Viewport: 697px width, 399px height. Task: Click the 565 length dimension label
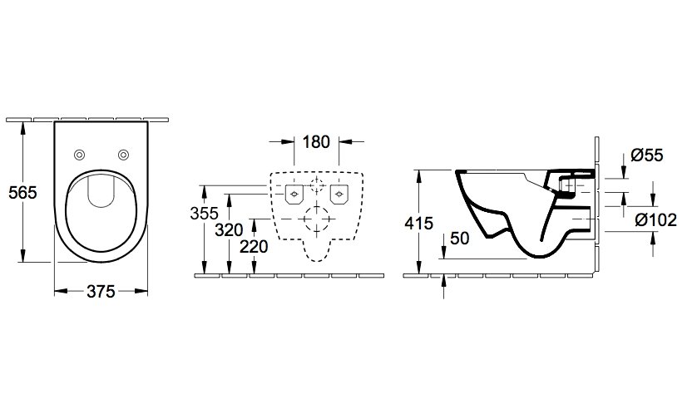click(22, 192)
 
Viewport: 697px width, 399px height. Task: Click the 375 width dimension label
click(101, 292)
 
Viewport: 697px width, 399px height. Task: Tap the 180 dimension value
click(316, 142)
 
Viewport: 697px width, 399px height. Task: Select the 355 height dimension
click(204, 214)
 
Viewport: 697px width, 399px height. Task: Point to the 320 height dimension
click(229, 229)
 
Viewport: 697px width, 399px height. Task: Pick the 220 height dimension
click(254, 246)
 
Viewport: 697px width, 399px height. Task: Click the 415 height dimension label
click(418, 223)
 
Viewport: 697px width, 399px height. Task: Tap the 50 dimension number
click(460, 239)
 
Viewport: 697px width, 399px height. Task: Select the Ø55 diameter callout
click(647, 155)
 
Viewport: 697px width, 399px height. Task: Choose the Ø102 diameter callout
click(655, 219)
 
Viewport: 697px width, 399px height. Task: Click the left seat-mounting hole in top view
click(80, 155)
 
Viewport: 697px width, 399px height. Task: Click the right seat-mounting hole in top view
click(123, 155)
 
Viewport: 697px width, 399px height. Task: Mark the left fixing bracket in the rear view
click(294, 194)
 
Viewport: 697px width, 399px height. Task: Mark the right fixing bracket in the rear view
click(339, 194)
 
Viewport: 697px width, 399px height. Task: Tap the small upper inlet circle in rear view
click(317, 184)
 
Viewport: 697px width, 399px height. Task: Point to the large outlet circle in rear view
click(317, 219)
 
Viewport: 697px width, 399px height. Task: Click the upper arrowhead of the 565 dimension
click(22, 128)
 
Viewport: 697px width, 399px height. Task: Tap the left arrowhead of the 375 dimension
click(61, 292)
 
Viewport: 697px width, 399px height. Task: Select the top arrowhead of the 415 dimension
click(418, 176)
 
